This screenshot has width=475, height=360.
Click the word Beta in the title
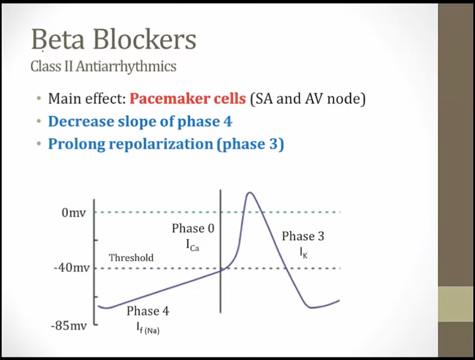pyautogui.click(x=58, y=39)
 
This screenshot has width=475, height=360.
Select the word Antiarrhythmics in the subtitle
pyautogui.click(x=126, y=67)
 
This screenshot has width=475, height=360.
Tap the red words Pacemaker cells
pyautogui.click(x=188, y=98)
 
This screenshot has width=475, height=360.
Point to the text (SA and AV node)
pyautogui.click(x=308, y=99)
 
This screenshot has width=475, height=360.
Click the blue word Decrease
pyautogui.click(x=80, y=121)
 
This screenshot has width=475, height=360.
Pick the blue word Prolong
pyautogui.click(x=76, y=144)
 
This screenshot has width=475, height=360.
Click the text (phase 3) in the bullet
pyautogui.click(x=250, y=144)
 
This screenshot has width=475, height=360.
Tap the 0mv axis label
pyautogui.click(x=74, y=213)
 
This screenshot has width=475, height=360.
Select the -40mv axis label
pyautogui.click(x=72, y=268)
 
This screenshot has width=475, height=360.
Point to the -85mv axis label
pyautogui.click(x=69, y=326)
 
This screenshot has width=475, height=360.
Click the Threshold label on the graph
pyautogui.click(x=131, y=258)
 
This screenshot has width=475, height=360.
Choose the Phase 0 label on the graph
pyautogui.click(x=193, y=228)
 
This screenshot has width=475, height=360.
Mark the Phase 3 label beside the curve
pyautogui.click(x=303, y=236)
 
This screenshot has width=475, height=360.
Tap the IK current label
pyautogui.click(x=303, y=253)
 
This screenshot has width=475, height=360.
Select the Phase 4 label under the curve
pyautogui.click(x=148, y=311)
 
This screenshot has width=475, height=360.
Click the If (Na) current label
pyautogui.click(x=148, y=328)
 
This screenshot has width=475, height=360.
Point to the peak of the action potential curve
pyautogui.click(x=250, y=192)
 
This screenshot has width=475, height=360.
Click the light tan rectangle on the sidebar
pyautogui.click(x=457, y=304)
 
